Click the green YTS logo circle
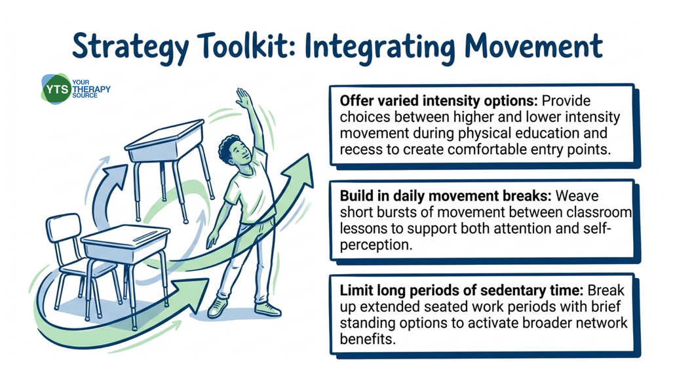pyautogui.click(x=56, y=89)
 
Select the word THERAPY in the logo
pyautogui.click(x=91, y=89)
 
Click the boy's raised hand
pyautogui.click(x=243, y=98)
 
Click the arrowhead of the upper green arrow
pyautogui.click(x=299, y=171)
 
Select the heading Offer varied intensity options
pyautogui.click(x=438, y=101)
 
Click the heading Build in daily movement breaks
pyautogui.click(x=446, y=196)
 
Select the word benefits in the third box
pyautogui.click(x=367, y=339)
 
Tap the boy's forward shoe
pyautogui.click(x=218, y=308)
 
